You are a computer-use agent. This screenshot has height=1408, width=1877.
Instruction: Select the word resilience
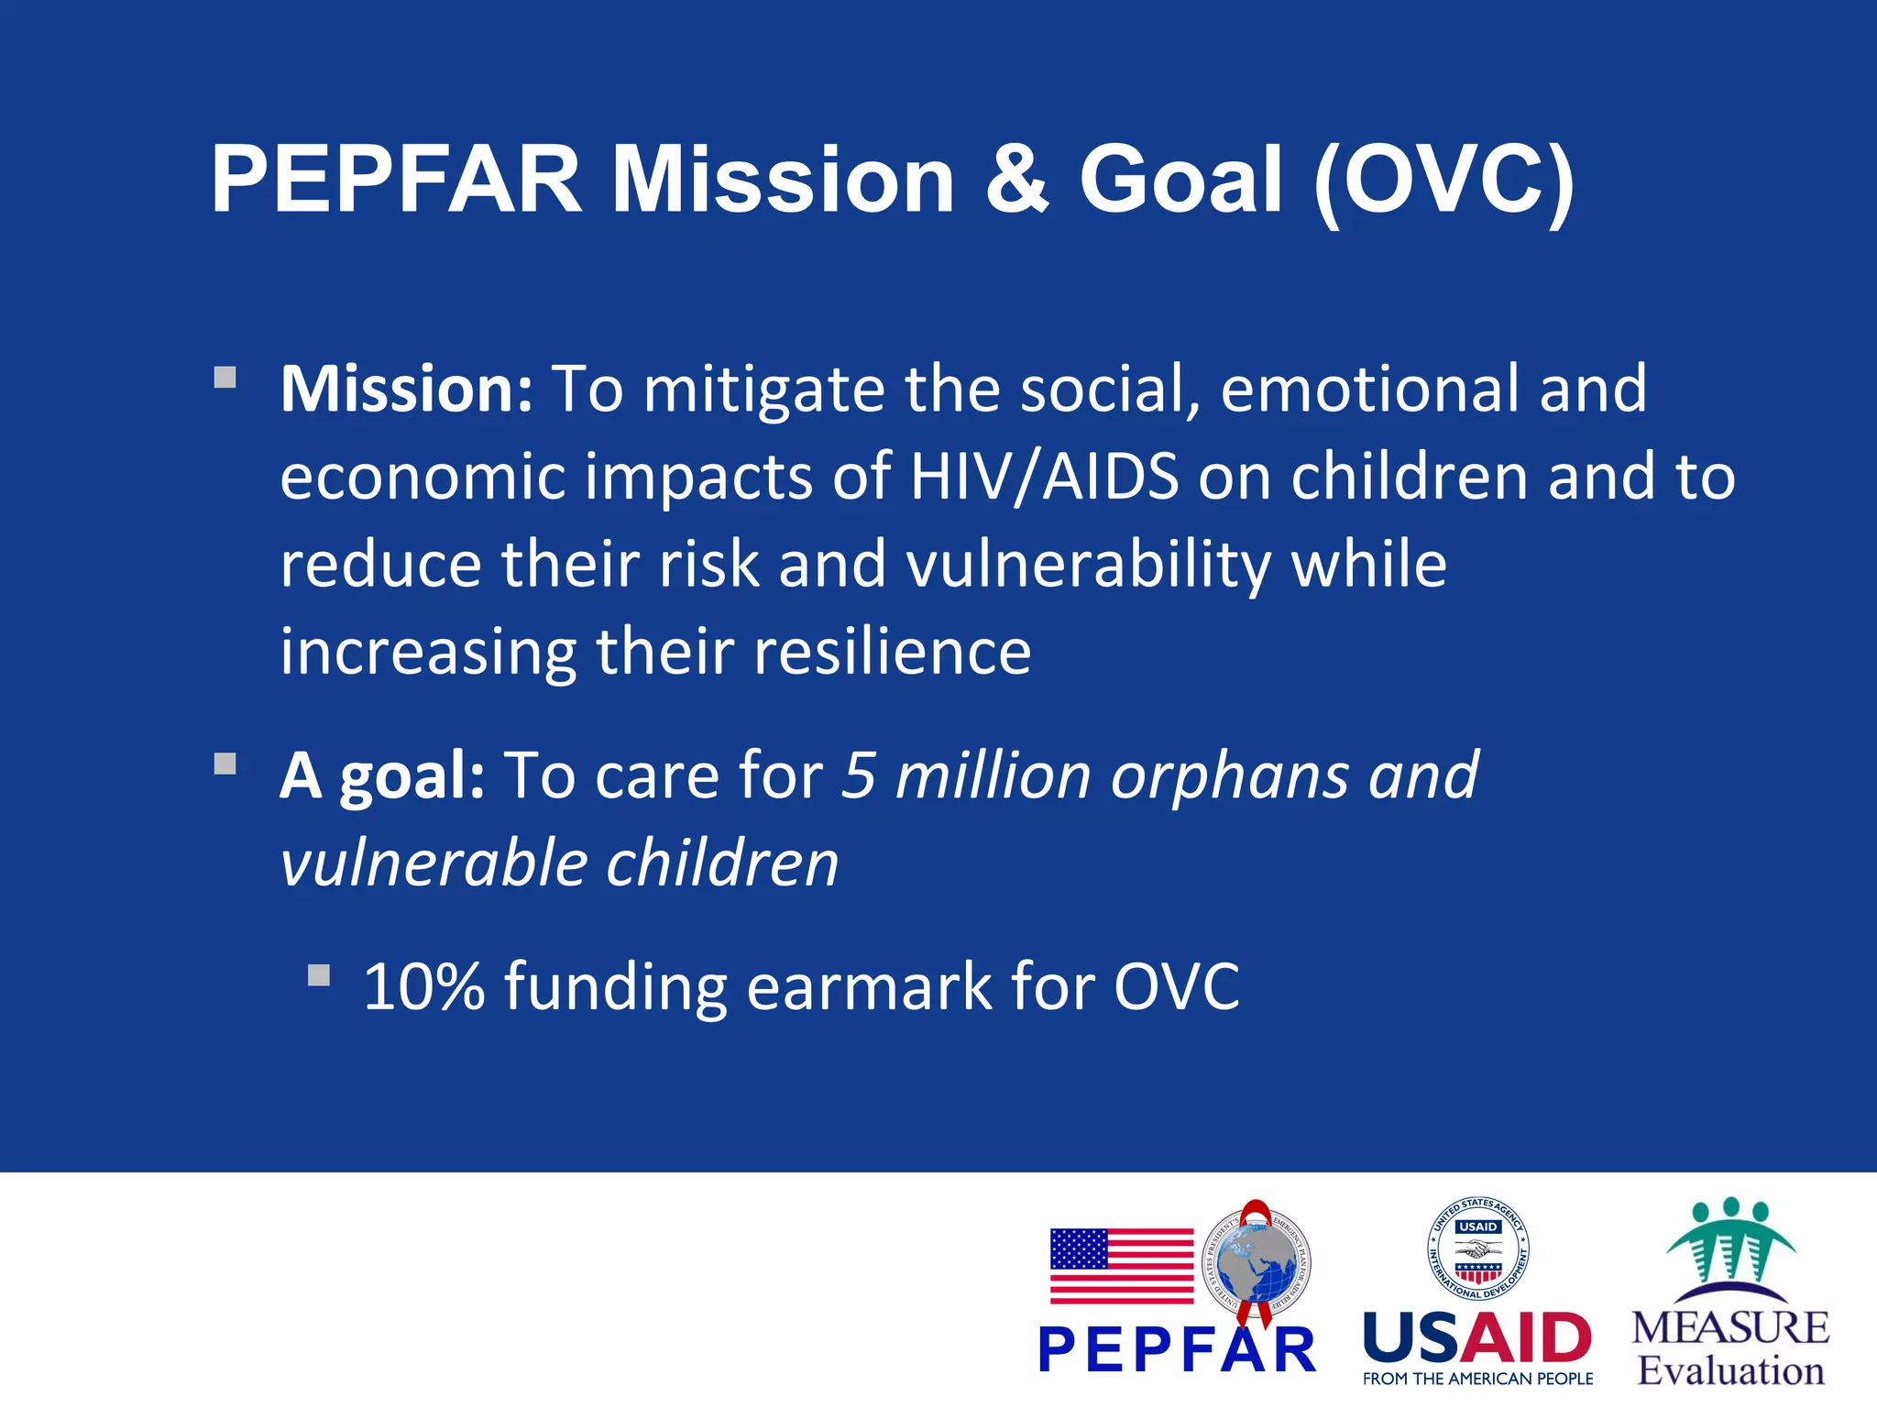coord(893,652)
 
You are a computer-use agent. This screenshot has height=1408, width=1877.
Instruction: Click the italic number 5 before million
coord(859,775)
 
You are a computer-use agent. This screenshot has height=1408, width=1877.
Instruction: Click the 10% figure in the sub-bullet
coord(423,987)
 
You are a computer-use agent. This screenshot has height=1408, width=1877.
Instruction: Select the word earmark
coord(870,987)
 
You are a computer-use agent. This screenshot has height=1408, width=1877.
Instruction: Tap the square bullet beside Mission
coord(225,379)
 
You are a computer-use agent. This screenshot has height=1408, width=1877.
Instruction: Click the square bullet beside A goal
coord(225,764)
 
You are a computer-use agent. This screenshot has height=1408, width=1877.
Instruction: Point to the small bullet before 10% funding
coord(319,975)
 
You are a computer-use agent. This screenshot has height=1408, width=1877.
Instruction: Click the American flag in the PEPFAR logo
coord(1122,1266)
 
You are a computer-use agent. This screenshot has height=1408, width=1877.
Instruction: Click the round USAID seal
coord(1477,1248)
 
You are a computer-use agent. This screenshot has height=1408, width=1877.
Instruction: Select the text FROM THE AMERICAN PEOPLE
coord(1477,1379)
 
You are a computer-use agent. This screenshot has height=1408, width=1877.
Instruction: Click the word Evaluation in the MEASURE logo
coord(1730,1370)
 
